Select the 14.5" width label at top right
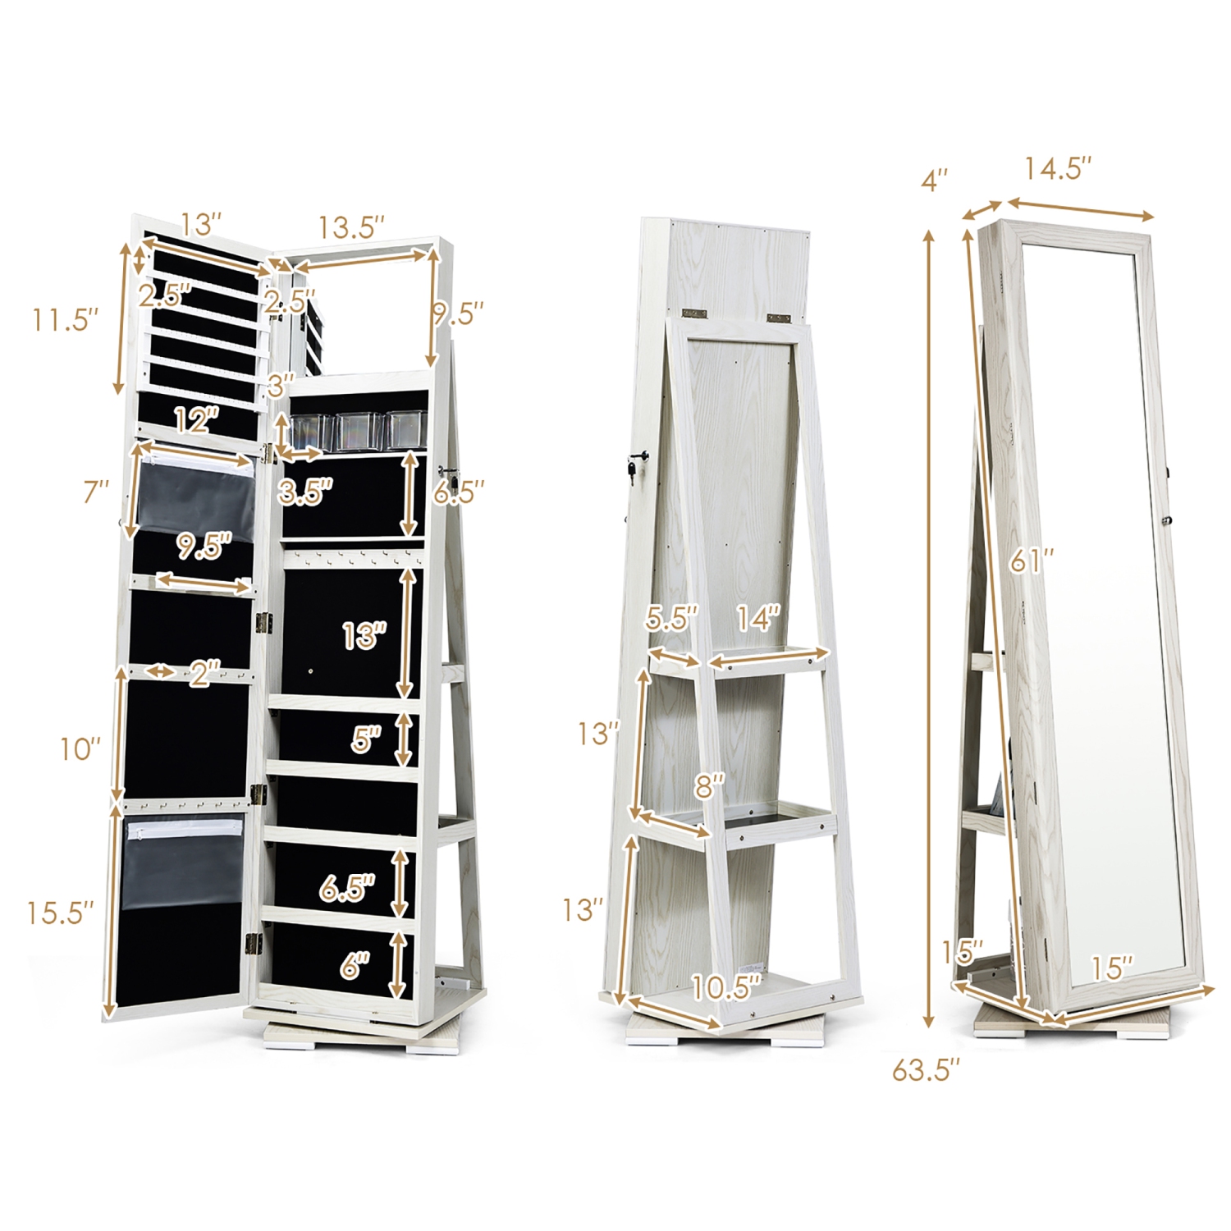[1057, 169]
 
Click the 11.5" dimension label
[65, 318]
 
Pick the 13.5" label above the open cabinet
[351, 227]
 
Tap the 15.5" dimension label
[60, 913]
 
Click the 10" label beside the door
[80, 748]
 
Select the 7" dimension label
[96, 492]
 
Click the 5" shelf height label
[366, 739]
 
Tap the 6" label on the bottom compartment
[355, 965]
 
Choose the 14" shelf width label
[757, 618]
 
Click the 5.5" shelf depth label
[670, 618]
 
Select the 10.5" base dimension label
[726, 987]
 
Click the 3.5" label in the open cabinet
[304, 492]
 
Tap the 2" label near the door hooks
[204, 675]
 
